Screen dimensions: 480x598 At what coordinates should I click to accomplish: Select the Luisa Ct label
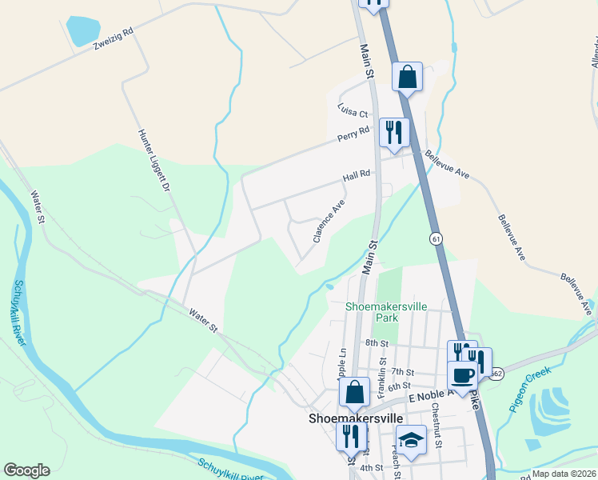(352, 113)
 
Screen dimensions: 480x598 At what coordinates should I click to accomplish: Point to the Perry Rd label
(353, 134)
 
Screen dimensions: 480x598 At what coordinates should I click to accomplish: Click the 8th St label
(376, 343)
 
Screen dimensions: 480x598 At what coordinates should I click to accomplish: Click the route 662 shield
(496, 373)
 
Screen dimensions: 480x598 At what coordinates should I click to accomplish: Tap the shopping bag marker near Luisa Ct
(407, 78)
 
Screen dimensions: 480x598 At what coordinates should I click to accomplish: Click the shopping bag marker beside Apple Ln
(354, 393)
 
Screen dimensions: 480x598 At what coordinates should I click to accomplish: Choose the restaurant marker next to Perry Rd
(394, 131)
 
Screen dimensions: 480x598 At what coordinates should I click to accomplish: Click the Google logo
(26, 470)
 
